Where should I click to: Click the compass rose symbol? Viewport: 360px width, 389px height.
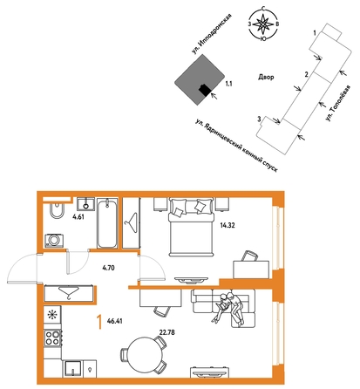(263, 24)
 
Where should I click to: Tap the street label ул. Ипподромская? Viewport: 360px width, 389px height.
(213, 34)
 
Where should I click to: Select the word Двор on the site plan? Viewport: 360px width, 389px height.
(266, 78)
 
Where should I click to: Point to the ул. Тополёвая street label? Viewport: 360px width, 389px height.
(338, 103)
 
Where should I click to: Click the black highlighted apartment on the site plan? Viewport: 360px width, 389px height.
(205, 90)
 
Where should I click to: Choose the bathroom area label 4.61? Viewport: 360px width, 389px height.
(78, 217)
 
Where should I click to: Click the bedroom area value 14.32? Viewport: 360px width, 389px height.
(228, 225)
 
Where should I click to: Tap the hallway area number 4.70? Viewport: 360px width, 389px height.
(108, 268)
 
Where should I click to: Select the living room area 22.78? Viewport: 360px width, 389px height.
(167, 332)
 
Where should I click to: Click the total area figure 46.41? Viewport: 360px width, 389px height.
(115, 321)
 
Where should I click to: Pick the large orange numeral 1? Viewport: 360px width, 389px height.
(99, 323)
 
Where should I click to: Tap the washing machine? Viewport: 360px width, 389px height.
(54, 241)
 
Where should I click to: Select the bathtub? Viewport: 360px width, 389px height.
(107, 223)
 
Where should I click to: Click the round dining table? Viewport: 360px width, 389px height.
(143, 355)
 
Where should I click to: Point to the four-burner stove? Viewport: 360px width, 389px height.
(52, 338)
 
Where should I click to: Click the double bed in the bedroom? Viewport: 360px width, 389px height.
(191, 227)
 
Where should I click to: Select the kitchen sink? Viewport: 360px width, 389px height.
(72, 369)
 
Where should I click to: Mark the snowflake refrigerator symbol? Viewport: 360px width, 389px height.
(52, 314)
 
